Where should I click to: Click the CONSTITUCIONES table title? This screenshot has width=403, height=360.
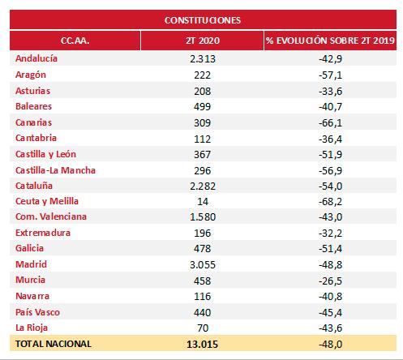(x=203, y=20)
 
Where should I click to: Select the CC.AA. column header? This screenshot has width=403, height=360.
(x=75, y=41)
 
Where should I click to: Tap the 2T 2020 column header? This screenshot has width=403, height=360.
(x=203, y=41)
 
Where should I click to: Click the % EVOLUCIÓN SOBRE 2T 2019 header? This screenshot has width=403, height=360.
(x=330, y=41)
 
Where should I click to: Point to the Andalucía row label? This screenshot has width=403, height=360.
(x=36, y=58)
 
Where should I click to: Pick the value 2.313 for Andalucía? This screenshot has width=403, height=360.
(x=203, y=59)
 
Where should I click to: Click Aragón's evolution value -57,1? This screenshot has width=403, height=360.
(x=330, y=75)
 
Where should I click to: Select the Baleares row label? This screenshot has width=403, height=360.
(x=33, y=106)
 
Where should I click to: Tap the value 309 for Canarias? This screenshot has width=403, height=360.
(x=203, y=123)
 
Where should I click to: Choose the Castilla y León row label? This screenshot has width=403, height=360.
(x=45, y=154)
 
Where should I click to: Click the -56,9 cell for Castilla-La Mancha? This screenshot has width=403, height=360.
(x=330, y=170)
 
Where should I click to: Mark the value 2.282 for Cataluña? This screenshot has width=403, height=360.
(x=203, y=186)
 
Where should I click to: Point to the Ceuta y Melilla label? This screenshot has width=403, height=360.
(x=47, y=201)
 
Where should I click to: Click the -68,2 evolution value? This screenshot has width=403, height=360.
(x=330, y=202)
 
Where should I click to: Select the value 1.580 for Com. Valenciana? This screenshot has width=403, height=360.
(x=203, y=217)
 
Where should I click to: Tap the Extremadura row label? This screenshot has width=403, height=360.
(x=43, y=233)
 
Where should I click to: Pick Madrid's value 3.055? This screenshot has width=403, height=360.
(x=203, y=265)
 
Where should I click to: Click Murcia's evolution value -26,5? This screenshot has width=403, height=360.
(x=330, y=281)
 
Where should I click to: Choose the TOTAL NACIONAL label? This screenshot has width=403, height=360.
(x=54, y=344)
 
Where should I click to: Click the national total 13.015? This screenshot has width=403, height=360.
(x=203, y=345)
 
